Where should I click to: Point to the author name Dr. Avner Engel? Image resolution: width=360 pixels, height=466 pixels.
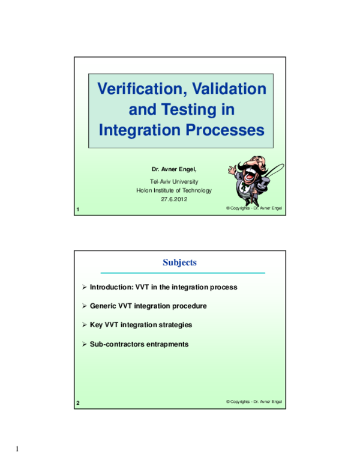(174, 169)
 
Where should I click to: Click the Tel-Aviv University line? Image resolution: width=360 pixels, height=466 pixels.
(174, 181)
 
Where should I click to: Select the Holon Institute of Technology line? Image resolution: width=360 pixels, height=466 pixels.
(174, 190)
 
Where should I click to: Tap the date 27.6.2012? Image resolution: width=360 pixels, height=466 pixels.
(174, 199)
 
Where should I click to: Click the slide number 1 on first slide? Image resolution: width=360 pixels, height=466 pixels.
(78, 210)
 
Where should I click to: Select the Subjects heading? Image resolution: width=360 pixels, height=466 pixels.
(179, 262)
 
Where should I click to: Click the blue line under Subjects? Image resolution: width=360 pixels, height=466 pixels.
(182, 273)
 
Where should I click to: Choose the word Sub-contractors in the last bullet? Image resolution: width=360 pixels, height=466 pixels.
(118, 344)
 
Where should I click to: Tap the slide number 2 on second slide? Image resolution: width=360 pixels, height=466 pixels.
(78, 403)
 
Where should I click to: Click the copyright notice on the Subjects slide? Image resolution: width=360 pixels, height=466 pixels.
(254, 402)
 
